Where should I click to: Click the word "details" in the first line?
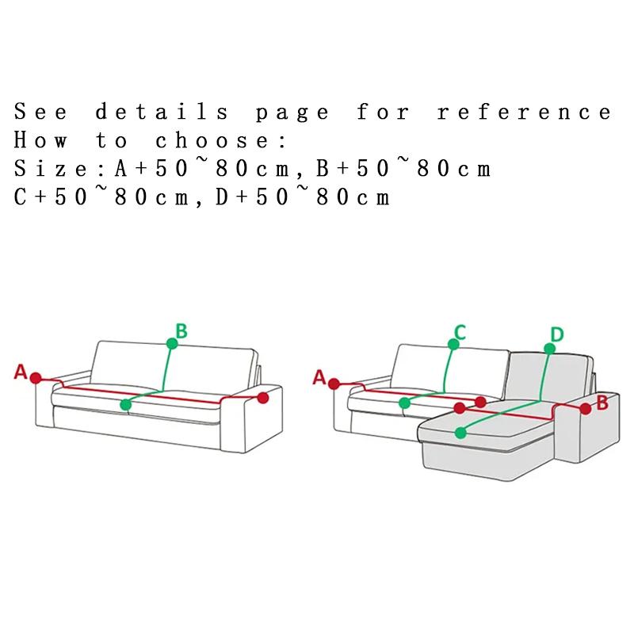point(162,112)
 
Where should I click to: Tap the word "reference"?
point(525,112)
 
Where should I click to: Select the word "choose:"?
point(221,140)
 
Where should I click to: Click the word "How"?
point(40,140)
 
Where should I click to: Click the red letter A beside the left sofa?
point(21,372)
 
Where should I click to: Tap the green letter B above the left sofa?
point(181,330)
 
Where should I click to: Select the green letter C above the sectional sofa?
point(460,333)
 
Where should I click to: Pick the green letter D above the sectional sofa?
point(557,334)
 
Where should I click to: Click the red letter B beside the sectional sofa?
point(602,403)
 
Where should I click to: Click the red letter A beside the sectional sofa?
point(319,377)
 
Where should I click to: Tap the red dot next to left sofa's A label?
point(36,378)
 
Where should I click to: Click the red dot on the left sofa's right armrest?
point(263,398)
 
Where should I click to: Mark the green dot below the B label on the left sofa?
point(172,344)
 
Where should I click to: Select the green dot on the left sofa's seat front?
point(126,404)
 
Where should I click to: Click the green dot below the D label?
point(549,349)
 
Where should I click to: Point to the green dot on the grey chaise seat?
point(460,433)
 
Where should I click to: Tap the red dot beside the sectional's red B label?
point(586,409)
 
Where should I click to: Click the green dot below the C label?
point(453,344)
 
